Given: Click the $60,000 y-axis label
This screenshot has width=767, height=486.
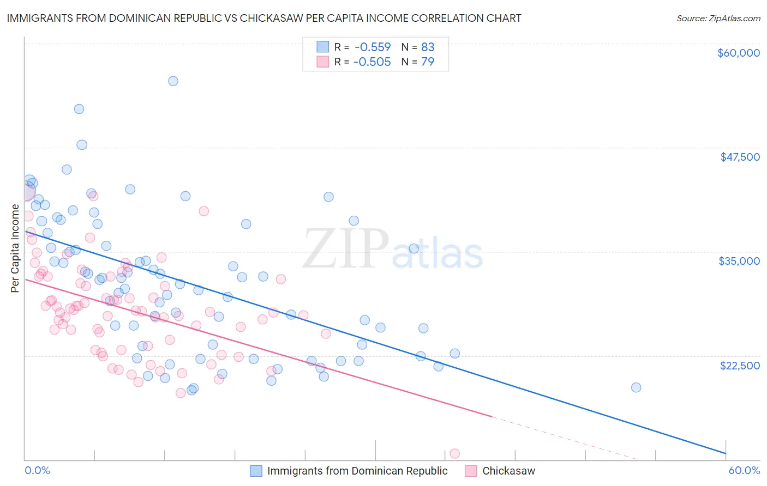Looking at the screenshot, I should pos(738,53).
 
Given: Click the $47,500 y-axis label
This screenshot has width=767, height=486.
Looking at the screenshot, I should pos(740,157).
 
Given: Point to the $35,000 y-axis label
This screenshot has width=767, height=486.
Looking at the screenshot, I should pos(739,261).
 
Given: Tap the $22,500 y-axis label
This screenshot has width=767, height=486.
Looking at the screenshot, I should pos(740,365).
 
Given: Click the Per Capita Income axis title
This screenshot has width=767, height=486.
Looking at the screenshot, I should pos(15,248).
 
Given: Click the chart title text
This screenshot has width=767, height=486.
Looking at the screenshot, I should pos(264,18).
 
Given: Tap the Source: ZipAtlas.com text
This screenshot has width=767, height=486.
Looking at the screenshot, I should pos(718,18).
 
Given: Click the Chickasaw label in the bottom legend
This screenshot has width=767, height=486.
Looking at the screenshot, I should pos(508,471).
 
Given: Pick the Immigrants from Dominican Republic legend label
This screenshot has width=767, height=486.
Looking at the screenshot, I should pos(357,471).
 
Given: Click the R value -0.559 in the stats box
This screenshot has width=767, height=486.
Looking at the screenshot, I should pos(372,47).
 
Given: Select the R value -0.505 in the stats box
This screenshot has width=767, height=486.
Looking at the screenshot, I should pos(372,62).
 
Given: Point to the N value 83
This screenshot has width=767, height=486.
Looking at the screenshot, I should pos(428,47).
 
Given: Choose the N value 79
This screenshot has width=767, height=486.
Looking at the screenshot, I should pos(428,62).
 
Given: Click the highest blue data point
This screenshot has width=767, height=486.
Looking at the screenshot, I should pos(173,81).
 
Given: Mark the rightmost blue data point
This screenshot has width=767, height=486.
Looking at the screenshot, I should pos(636,387).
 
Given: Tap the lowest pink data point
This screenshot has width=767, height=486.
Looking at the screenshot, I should pos(454,454).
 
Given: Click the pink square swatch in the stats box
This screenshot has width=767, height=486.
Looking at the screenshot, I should pos(323,62).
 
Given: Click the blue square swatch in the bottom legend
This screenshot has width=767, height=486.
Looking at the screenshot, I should pos(256,471).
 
